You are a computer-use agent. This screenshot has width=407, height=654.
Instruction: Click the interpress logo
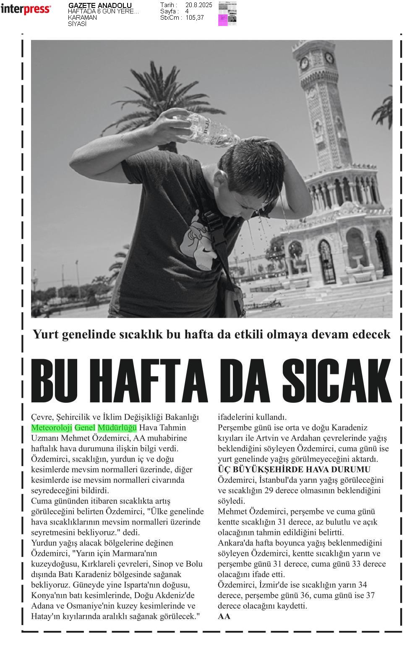26,9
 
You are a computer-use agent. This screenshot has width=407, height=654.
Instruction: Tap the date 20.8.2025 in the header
198,5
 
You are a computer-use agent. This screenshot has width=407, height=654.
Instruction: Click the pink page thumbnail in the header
223,20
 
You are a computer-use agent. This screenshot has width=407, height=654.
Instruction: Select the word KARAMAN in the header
82,18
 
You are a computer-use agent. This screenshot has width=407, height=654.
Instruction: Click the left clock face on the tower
304,63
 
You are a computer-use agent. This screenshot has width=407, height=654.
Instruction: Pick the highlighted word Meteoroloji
52,428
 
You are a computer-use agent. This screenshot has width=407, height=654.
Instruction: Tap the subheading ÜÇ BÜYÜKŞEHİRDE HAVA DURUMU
294,469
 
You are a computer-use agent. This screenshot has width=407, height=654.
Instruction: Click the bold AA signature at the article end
224,616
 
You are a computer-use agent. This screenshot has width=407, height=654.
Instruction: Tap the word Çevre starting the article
42,417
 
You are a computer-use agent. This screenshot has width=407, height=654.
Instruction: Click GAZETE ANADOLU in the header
100,5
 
